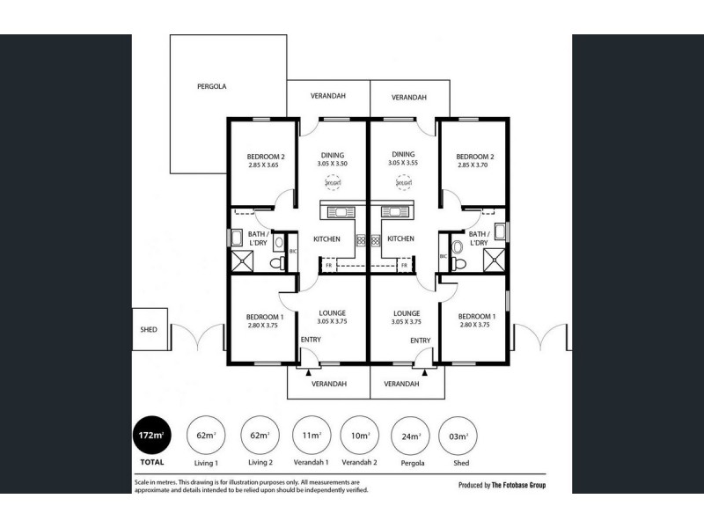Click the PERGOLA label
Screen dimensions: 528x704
tap(212, 87)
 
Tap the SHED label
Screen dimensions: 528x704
tap(148, 330)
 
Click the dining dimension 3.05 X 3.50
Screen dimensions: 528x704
tap(332, 164)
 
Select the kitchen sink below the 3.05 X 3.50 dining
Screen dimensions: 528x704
tap(338, 211)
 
